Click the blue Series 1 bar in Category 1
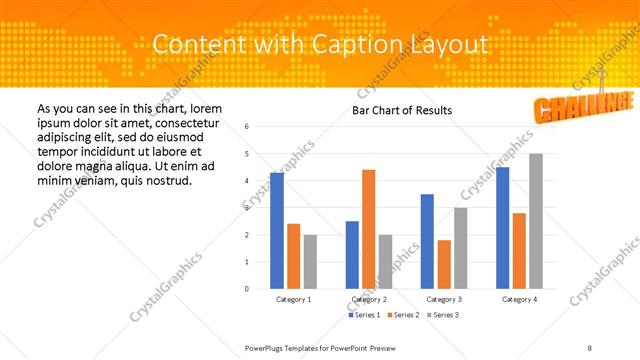pos(277,231)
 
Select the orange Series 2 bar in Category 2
pos(368,229)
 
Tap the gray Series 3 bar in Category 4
pos(536,221)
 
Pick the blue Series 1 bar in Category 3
pos(427,241)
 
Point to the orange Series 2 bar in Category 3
pos(444,264)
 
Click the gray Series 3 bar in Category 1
pos(310,262)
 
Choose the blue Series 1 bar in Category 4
pos(502,228)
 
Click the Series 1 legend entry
pos(365,315)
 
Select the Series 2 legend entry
pos(404,315)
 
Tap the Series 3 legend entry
pos(443,315)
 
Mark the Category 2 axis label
pos(369,299)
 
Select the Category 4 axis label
pos(519,299)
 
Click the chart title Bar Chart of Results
pos(402,110)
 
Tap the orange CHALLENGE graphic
pos(584,105)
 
